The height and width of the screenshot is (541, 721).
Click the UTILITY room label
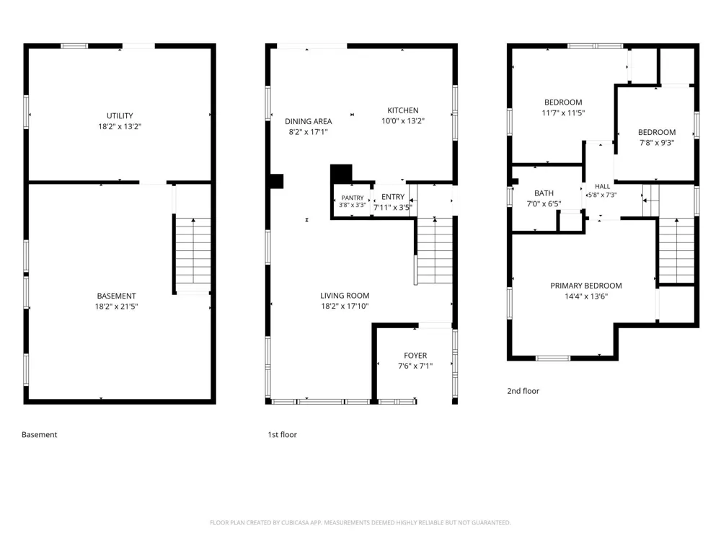coord(120,116)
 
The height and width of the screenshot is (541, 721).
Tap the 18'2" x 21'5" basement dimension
coord(116,307)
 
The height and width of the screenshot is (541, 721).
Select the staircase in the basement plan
coord(193,255)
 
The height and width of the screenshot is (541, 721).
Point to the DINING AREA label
coord(308,121)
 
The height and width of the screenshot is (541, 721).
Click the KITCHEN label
coord(403,110)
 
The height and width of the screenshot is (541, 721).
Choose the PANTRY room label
coord(353,198)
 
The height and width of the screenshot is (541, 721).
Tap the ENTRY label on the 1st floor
coord(393,197)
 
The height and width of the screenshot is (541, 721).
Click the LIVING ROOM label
coord(345,296)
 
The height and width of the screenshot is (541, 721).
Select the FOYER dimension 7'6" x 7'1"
coord(415,366)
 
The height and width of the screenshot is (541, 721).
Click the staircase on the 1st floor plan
coord(435,251)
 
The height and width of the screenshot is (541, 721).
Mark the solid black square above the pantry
coord(341,173)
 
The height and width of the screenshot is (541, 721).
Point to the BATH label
coord(544,193)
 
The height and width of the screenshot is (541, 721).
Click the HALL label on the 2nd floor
coord(602,186)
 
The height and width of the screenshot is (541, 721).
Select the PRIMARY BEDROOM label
coord(585,286)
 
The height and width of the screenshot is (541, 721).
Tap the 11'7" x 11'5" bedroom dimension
coord(563,113)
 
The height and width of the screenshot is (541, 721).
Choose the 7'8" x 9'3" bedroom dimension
coord(657,143)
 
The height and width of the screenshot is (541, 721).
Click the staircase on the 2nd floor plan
coord(676,251)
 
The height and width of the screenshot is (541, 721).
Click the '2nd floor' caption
coord(523,391)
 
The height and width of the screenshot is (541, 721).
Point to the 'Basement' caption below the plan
coord(40,435)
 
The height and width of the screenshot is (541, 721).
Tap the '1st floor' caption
coord(283,435)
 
